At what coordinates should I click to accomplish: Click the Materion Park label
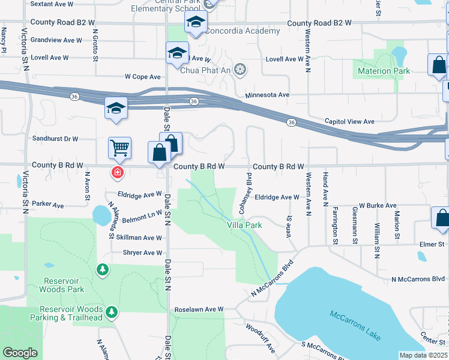point(384,71)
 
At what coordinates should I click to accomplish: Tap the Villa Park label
point(244,225)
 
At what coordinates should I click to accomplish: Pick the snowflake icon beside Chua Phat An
point(240,70)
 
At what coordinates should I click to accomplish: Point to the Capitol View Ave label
point(349,121)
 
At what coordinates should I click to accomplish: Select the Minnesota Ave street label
point(268,95)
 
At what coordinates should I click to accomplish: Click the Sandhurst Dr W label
point(55,139)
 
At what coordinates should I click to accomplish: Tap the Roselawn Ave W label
point(199,310)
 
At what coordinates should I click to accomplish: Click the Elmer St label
point(432,244)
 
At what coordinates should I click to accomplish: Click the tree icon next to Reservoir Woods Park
point(103,269)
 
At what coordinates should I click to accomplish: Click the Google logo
point(20,353)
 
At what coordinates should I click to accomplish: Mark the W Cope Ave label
point(143,77)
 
